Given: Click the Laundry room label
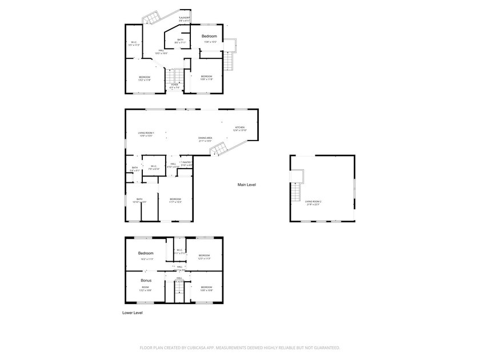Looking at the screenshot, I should tap(185, 18).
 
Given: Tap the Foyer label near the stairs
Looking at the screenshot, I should tap(175, 85).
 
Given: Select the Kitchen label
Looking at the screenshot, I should tap(239, 127).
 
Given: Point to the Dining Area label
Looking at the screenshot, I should tap(205, 138).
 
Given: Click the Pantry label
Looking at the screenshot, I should tap(186, 162).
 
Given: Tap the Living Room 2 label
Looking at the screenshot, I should tap(313, 202).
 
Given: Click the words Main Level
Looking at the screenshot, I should tap(247, 185).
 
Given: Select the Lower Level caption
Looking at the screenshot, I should tap(133, 313).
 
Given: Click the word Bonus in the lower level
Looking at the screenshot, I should tap(146, 281).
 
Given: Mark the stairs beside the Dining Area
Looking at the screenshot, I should tap(218, 150).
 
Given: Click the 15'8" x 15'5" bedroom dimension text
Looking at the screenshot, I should tap(209, 42).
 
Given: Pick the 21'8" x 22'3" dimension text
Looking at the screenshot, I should tap(313, 205).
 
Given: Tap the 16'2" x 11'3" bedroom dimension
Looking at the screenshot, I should tap(146, 259).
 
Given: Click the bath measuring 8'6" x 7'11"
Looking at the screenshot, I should tap(180, 42).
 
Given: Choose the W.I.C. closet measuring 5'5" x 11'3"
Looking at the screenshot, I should tap(134, 44).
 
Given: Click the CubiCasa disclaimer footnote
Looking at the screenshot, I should tap(240, 347).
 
